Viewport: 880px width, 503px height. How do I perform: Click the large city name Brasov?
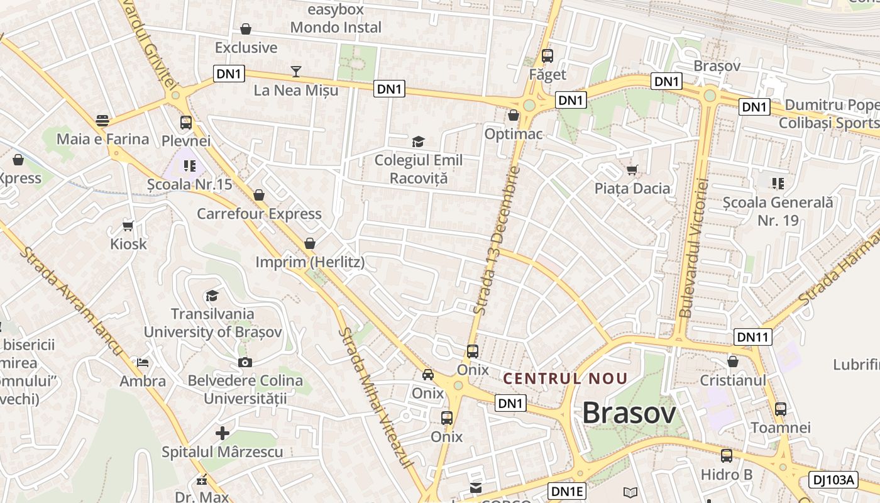[x=629, y=413]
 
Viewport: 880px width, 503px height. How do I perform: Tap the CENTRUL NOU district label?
[x=566, y=379]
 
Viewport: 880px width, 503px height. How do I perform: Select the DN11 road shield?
[x=753, y=338]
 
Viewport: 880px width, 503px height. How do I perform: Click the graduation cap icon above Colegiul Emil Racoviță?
[x=418, y=141]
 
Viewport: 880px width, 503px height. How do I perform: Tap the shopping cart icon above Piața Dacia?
[x=632, y=170]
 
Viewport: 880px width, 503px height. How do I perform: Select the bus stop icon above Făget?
[x=547, y=56]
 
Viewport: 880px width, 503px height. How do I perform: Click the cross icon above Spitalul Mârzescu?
[x=222, y=433]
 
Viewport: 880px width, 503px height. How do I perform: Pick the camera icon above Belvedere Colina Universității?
[x=245, y=362]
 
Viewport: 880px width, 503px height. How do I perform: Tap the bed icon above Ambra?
[x=143, y=363]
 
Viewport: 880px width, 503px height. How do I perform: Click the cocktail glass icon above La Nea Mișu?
[x=296, y=72]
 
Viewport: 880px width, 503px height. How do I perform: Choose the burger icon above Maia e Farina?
[x=102, y=120]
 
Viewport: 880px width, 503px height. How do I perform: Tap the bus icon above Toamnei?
[x=781, y=409]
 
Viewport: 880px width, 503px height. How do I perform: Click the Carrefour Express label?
[x=259, y=214]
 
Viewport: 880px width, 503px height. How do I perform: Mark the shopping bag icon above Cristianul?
[x=733, y=362]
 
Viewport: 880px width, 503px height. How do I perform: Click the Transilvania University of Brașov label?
[x=212, y=323]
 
